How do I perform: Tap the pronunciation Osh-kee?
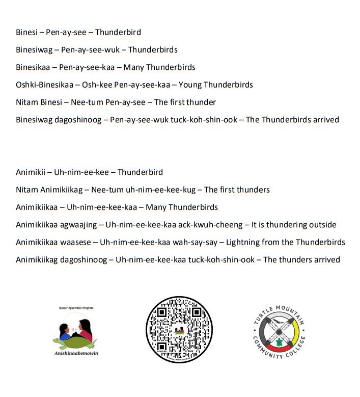93,85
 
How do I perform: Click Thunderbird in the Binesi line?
118,32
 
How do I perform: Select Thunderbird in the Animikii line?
140,172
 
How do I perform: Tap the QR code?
179,330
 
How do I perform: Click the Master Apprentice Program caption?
76,308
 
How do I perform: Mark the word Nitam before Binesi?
27,102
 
